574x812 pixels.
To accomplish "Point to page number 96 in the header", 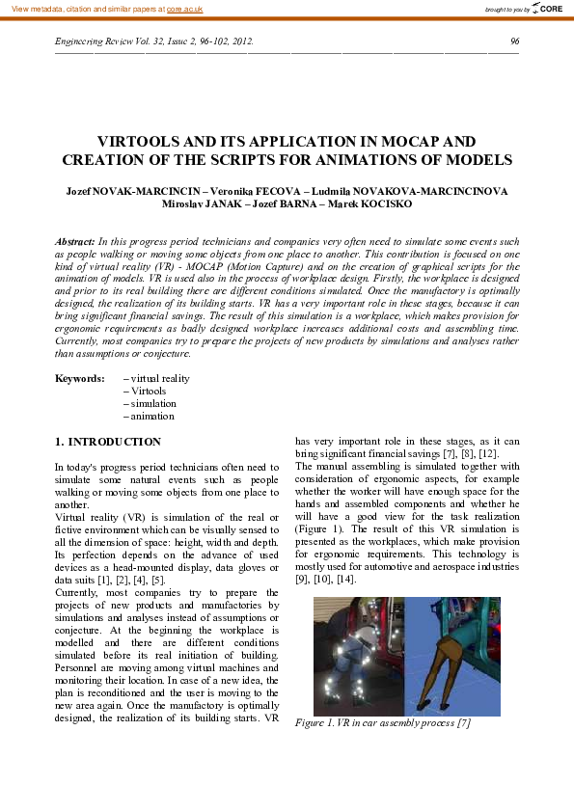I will pyautogui.click(x=514, y=41).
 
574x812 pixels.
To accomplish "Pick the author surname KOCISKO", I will pyautogui.click(x=386, y=204).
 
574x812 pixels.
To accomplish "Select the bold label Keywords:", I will pyautogui.click(x=79, y=379).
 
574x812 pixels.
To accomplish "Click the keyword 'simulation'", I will pyautogui.click(x=153, y=404).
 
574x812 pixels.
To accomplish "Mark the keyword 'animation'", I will pyautogui.click(x=152, y=417).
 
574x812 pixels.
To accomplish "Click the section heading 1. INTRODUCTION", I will pyautogui.click(x=108, y=442).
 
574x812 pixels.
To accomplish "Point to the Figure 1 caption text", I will pyautogui.click(x=383, y=722).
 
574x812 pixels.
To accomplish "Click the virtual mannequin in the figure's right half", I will pyautogui.click(x=453, y=656).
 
